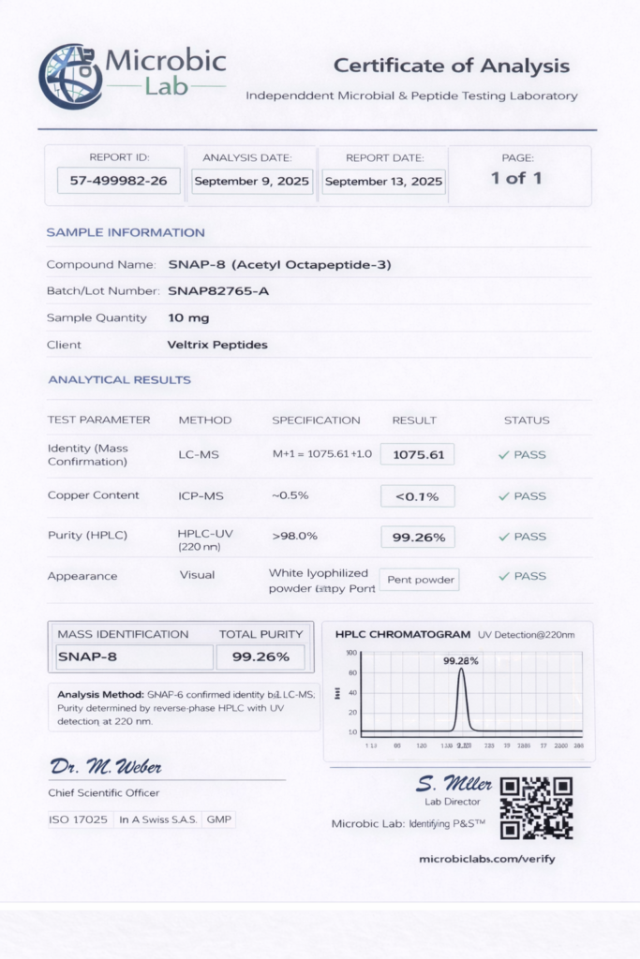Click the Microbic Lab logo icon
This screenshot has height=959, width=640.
point(70,76)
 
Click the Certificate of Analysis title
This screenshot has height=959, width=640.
point(451,66)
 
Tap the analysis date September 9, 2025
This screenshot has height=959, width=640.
point(251,181)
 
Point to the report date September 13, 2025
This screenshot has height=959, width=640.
point(383,181)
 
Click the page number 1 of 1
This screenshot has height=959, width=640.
point(516,178)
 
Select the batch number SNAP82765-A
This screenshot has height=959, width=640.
point(218,291)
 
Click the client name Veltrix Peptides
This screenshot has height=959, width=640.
point(217,345)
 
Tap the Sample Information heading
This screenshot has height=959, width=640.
point(126,232)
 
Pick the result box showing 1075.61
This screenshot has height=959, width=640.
point(417,454)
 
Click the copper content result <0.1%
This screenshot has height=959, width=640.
point(417,495)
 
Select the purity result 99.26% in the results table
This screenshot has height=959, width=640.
point(417,537)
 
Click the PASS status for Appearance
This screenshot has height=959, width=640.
point(523,576)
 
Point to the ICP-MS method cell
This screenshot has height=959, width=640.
point(199,495)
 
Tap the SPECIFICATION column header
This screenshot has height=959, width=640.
point(316,420)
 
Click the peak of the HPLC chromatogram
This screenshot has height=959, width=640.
point(461,671)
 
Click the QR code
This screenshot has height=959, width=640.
point(536,807)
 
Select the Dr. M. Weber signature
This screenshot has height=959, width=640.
point(106,768)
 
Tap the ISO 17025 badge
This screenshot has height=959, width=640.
point(79,819)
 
